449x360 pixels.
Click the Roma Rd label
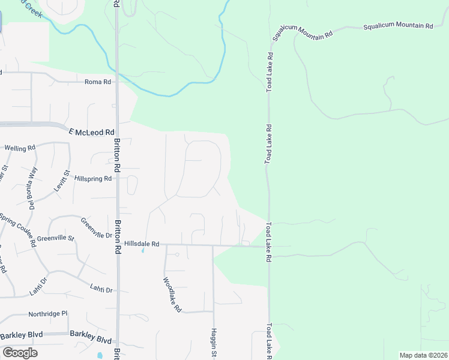click(98, 82)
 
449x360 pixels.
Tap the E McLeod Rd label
click(91, 132)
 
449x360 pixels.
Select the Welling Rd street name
click(20, 148)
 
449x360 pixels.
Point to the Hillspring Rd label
click(93, 179)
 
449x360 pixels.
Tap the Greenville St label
click(55, 238)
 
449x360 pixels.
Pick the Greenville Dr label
click(96, 227)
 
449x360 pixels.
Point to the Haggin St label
click(213, 341)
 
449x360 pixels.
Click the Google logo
click(20, 353)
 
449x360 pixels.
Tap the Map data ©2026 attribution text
click(423, 355)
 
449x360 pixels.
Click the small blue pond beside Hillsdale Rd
click(143, 251)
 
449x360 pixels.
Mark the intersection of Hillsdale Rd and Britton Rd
click(118, 244)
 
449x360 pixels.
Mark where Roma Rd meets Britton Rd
click(117, 82)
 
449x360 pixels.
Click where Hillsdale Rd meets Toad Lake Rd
click(269, 246)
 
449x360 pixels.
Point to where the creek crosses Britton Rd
click(117, 74)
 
